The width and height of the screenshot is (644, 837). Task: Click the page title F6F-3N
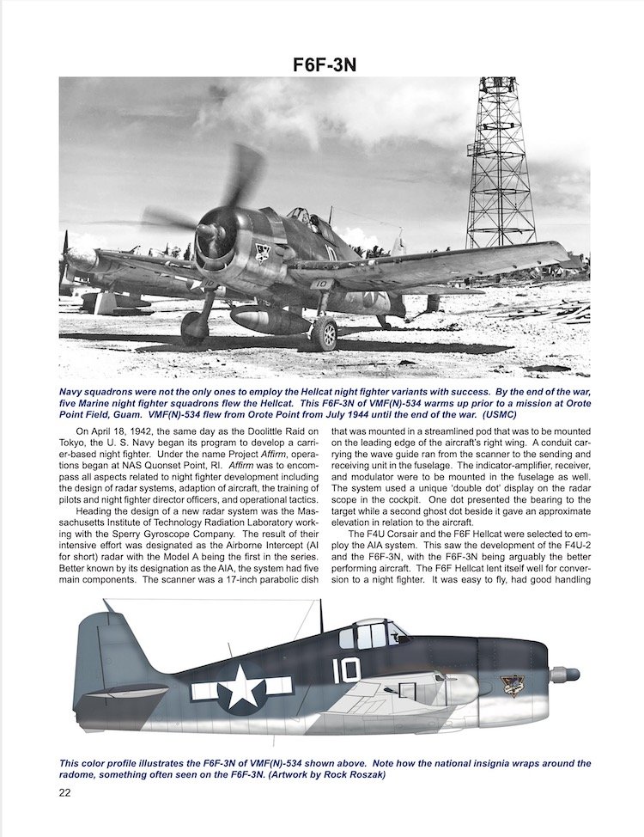tap(322, 65)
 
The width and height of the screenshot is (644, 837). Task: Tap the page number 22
tap(65, 792)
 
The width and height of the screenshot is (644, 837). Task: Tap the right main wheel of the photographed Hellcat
tap(325, 333)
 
